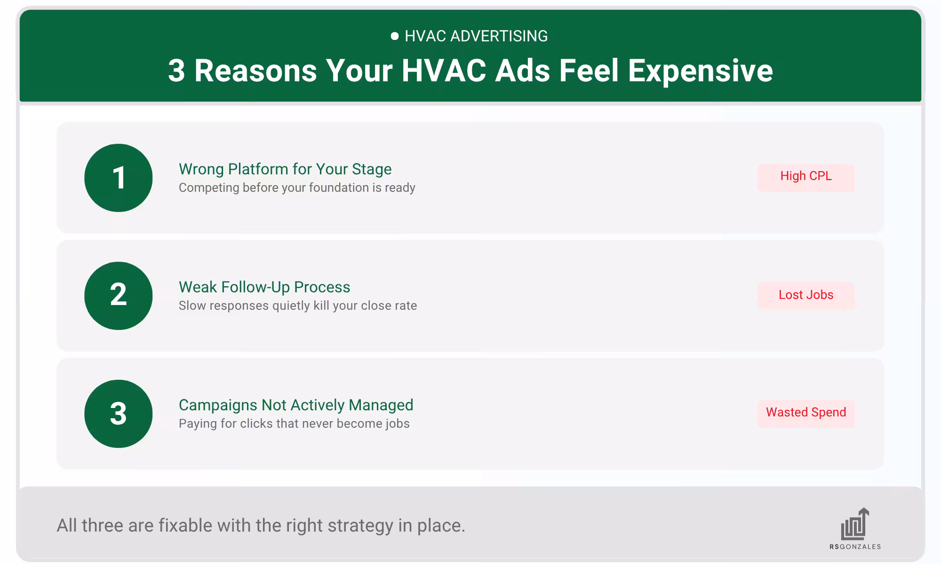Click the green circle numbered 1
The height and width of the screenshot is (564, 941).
click(x=119, y=178)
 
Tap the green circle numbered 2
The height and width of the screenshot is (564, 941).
click(x=119, y=296)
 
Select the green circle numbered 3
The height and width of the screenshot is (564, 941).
click(x=119, y=414)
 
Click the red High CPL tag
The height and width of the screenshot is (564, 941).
click(x=806, y=177)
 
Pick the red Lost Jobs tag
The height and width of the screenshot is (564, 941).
click(x=806, y=295)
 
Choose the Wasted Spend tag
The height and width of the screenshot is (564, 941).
click(x=806, y=413)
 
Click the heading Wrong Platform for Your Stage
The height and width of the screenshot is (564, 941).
click(x=285, y=169)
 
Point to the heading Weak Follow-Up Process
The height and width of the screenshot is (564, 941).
click(x=264, y=287)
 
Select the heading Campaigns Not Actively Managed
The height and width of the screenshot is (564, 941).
click(x=296, y=405)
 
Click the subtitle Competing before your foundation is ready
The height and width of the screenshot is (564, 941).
click(x=297, y=188)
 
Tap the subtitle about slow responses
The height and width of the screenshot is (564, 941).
click(x=298, y=305)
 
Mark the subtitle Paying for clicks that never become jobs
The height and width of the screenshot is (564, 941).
click(x=294, y=423)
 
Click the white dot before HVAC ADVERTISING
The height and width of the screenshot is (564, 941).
click(x=395, y=36)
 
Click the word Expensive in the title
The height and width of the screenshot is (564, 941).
click(x=700, y=71)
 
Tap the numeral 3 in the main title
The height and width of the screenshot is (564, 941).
click(x=176, y=71)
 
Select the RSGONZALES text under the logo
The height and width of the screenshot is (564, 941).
click(x=855, y=547)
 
